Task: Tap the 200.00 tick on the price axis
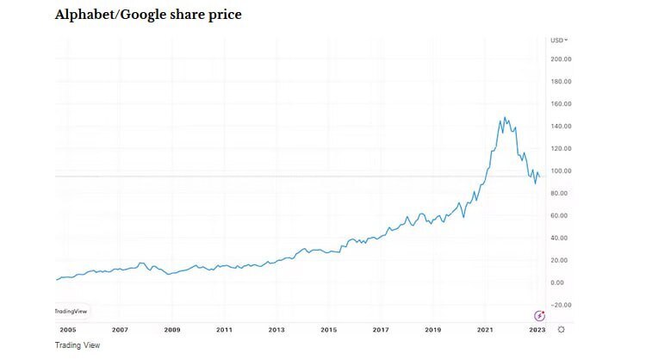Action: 562,59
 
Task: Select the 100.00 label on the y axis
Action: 562,171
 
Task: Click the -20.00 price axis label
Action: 562,305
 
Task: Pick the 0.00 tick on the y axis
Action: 559,282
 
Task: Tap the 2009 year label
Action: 171,330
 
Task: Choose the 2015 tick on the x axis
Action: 328,330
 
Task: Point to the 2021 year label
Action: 485,330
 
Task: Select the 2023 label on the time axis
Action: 537,330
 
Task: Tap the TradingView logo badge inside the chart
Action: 71,311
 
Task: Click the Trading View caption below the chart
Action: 78,345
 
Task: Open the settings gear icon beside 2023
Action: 561,330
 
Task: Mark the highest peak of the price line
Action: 503,117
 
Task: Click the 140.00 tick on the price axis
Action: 562,127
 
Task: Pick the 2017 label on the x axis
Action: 381,330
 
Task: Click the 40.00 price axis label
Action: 561,238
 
